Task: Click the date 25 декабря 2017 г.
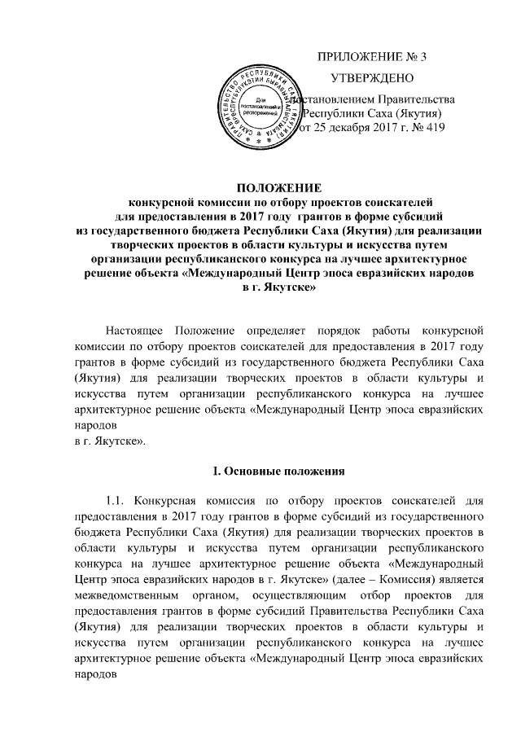[x=357, y=129]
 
